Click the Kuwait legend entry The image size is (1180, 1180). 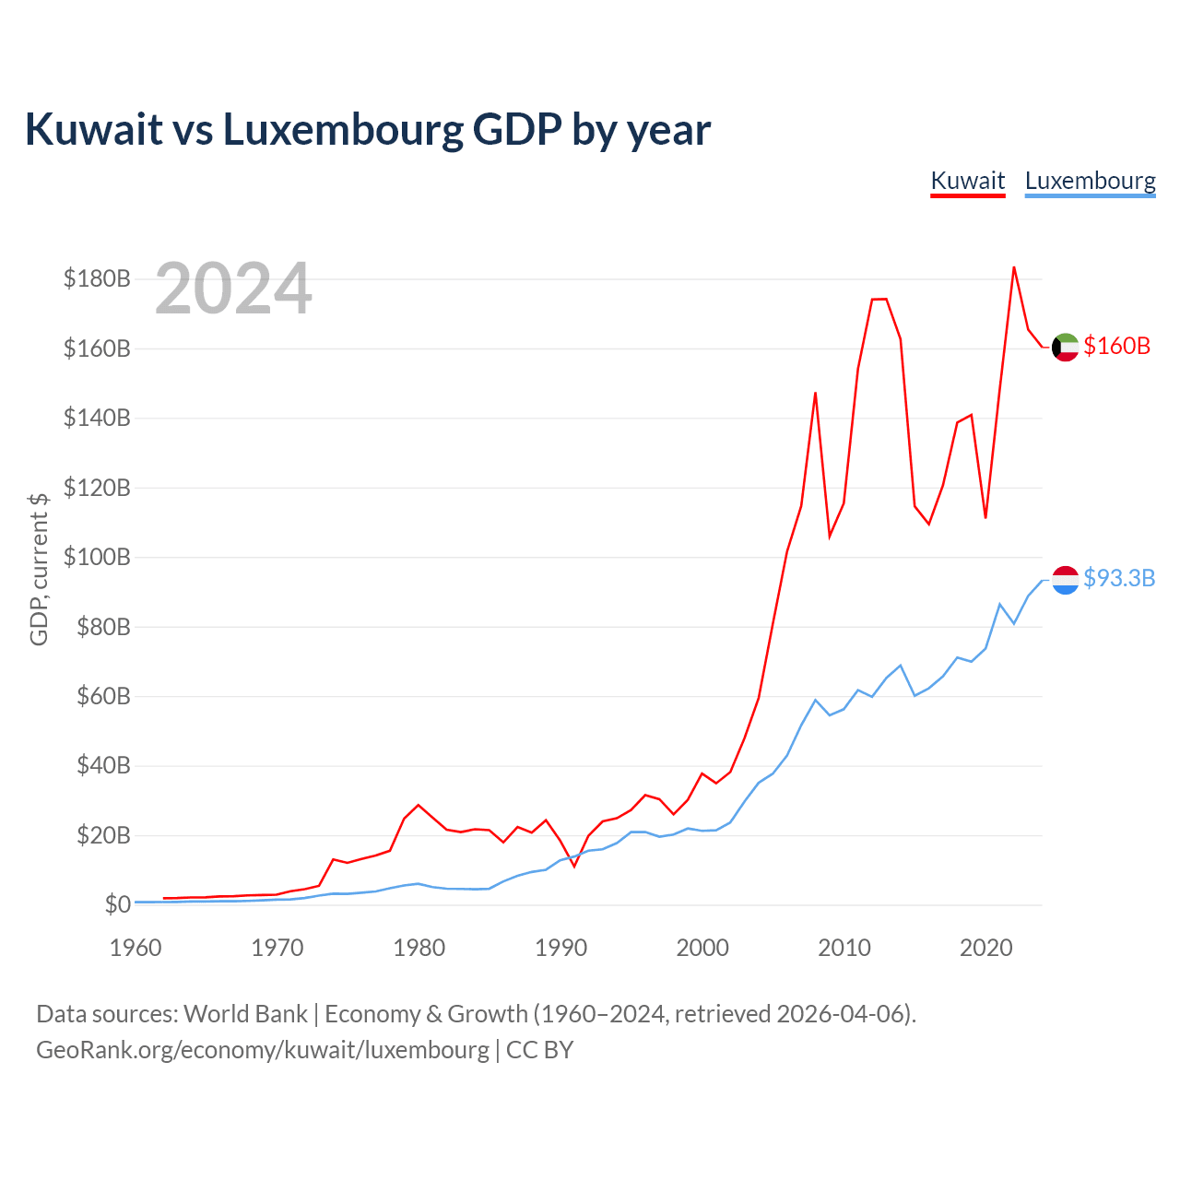tap(968, 182)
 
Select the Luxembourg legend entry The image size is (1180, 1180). tap(1090, 182)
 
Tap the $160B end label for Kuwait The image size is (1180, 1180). tap(1116, 346)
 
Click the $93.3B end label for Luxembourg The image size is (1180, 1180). tap(1119, 578)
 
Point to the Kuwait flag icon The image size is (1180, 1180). tap(1065, 348)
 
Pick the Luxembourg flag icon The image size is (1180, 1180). tap(1065, 580)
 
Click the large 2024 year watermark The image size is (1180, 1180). tap(233, 288)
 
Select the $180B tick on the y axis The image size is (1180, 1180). tap(97, 278)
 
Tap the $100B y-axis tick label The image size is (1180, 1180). tap(97, 557)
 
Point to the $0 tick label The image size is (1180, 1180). tap(118, 904)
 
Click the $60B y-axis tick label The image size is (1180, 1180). tap(103, 696)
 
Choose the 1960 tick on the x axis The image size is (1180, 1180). tap(136, 948)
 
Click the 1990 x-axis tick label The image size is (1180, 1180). tap(560, 948)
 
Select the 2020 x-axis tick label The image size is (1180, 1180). tap(985, 948)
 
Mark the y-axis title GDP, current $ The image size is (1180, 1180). tap(39, 570)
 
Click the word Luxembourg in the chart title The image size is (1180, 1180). tap(343, 130)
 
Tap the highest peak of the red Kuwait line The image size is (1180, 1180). tap(1014, 267)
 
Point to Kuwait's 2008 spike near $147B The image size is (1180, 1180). tap(815, 393)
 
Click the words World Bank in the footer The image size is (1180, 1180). tap(245, 1014)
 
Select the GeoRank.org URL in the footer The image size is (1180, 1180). tap(263, 1050)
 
